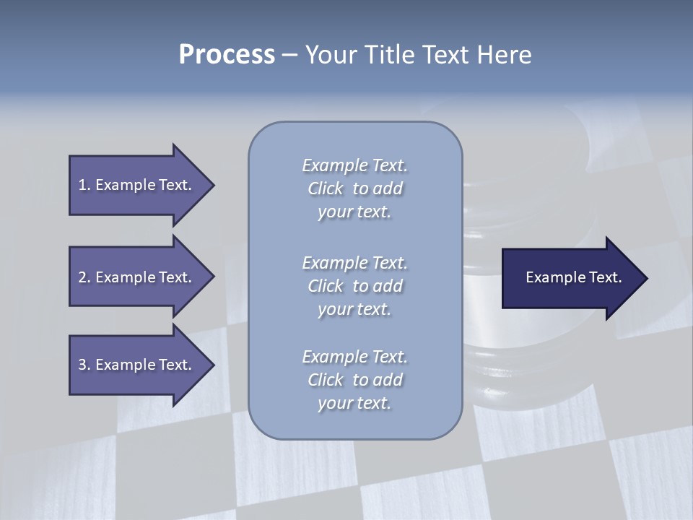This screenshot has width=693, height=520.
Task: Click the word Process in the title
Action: pos(227,55)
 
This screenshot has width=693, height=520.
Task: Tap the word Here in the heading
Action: pos(503,55)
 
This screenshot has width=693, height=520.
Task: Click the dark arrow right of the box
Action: pos(570,277)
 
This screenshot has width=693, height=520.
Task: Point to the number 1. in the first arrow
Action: pos(84,185)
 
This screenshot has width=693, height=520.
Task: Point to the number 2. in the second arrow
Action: pos(84,277)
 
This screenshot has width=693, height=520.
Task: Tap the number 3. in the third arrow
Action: pos(84,365)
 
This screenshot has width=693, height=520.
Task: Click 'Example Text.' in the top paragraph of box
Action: pos(354,165)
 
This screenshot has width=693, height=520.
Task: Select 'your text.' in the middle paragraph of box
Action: pos(354,309)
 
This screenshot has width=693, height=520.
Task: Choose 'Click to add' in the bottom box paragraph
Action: pos(354,380)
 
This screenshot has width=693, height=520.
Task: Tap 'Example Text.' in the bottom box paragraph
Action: pos(354,357)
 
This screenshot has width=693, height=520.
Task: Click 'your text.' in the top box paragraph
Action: pos(354,212)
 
